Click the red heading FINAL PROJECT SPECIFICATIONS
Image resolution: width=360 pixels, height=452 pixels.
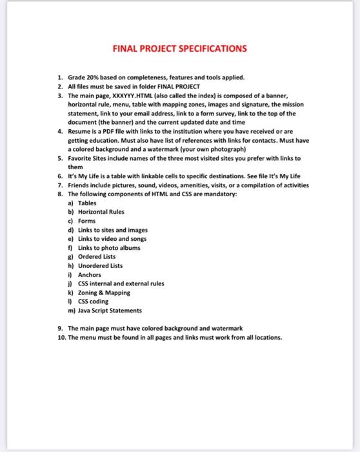(179, 48)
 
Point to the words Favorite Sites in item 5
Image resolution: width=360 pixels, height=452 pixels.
(87, 158)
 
